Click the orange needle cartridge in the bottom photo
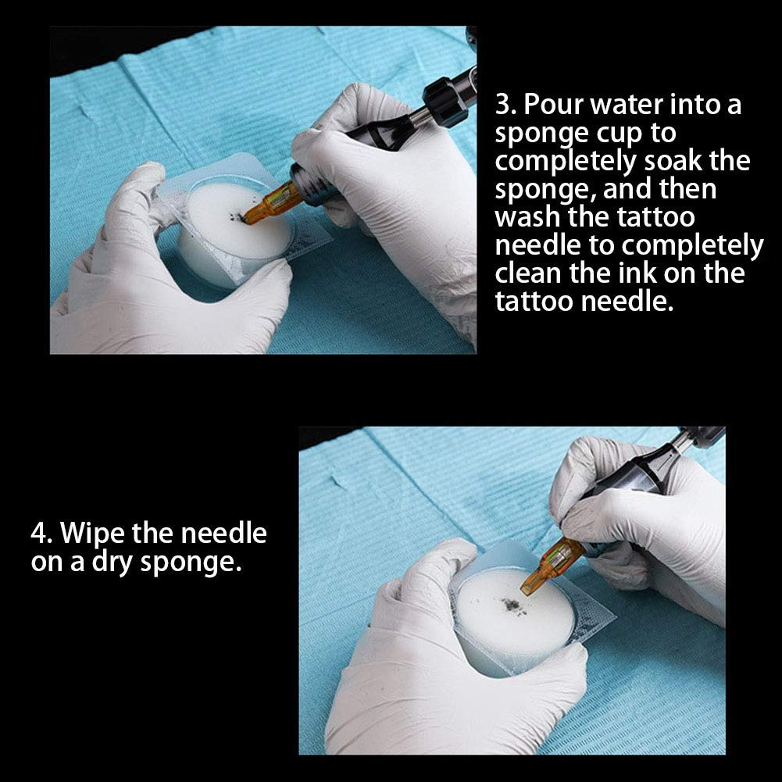tap(552, 566)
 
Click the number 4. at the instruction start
tap(41, 533)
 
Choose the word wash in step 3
tap(527, 217)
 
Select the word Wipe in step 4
tap(92, 534)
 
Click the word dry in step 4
tap(112, 563)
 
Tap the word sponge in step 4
tap(191, 563)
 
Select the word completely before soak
tap(566, 162)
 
